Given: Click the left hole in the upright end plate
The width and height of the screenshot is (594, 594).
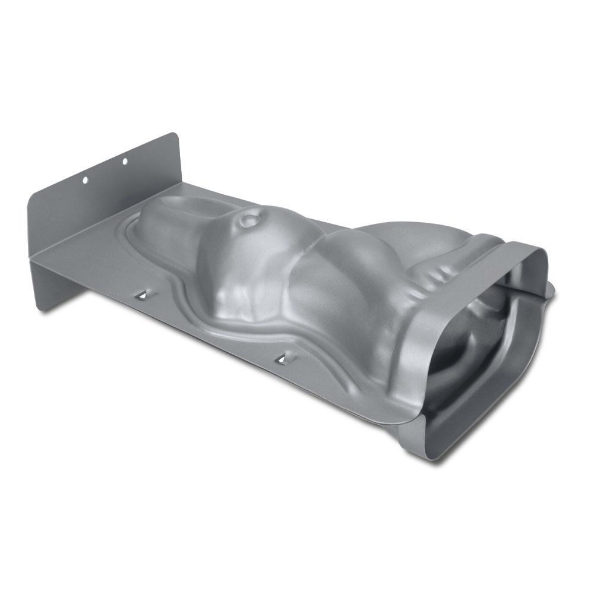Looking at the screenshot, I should [x=85, y=178].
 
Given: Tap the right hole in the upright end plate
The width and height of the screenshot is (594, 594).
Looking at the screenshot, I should [x=125, y=161].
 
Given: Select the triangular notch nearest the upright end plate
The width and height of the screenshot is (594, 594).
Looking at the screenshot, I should [x=143, y=293].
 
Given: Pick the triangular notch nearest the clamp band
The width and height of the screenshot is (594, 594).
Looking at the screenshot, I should [x=280, y=358].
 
